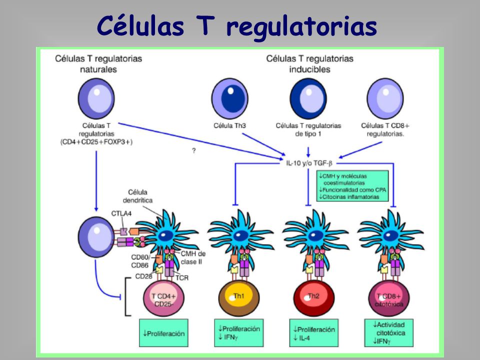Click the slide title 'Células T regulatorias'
pyautogui.click(x=236, y=25)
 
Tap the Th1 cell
pyautogui.click(x=239, y=298)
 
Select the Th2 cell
pyautogui.click(x=314, y=298)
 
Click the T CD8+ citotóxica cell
pyautogui.click(x=389, y=298)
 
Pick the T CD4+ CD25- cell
pyautogui.click(x=164, y=298)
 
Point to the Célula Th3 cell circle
pyautogui.click(x=230, y=98)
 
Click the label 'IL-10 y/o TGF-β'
pyautogui.click(x=309, y=163)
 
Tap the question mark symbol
pyautogui.click(x=194, y=150)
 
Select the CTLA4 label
pyautogui.click(x=121, y=213)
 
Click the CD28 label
pyautogui.click(x=144, y=276)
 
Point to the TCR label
pyautogui.click(x=182, y=278)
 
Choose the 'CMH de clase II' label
pyautogui.click(x=193, y=258)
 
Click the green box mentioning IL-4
pyautogui.click(x=314, y=333)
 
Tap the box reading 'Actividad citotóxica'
pyautogui.click(x=389, y=333)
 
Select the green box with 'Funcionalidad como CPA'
pyautogui.click(x=352, y=186)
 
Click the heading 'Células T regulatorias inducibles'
pyautogui.click(x=310, y=63)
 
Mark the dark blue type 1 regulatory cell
pyautogui.click(x=308, y=98)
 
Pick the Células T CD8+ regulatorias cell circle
pyautogui.click(x=385, y=98)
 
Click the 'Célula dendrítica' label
pyautogui.click(x=138, y=196)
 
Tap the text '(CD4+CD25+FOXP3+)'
pyautogui.click(x=96, y=141)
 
